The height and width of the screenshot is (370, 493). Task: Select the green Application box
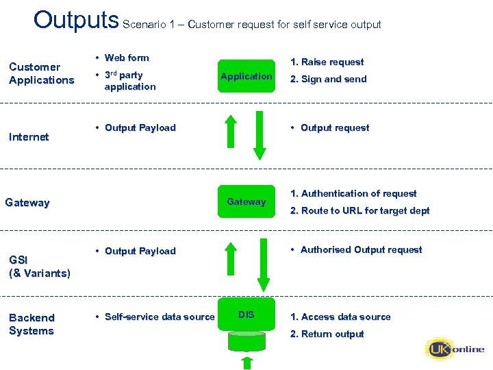tap(246, 76)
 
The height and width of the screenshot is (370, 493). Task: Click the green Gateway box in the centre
tap(246, 201)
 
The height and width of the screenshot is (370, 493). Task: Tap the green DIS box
tap(246, 314)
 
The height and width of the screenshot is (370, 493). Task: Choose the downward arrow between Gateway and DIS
tap(260, 260)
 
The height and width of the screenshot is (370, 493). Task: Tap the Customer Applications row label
tap(41, 73)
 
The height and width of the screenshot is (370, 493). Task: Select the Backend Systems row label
tap(31, 324)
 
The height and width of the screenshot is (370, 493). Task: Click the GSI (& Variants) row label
tap(39, 267)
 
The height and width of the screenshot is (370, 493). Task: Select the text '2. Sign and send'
tap(328, 79)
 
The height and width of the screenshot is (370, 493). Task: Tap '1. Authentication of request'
tap(353, 194)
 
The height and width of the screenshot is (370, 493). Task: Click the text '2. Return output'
tap(327, 334)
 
